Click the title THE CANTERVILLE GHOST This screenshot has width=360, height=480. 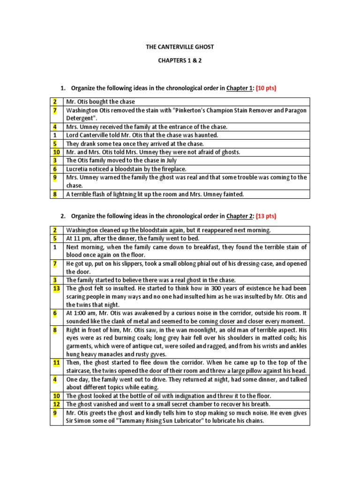click(x=180, y=47)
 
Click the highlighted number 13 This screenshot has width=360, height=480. click(x=56, y=288)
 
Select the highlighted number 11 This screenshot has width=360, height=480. click(x=56, y=362)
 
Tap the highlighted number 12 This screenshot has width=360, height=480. click(x=56, y=404)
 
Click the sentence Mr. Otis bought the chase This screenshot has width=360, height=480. click(x=100, y=102)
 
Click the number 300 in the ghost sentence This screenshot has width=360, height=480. click(x=209, y=288)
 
